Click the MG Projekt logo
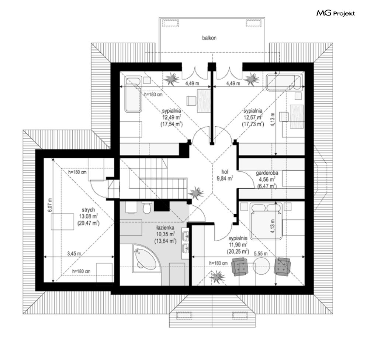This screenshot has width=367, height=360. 336,13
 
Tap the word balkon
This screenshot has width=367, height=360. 209,38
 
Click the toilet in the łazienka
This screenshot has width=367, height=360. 147,208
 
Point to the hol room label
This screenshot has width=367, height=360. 225,172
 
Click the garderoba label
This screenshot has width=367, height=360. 267,173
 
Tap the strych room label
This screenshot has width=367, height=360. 88,210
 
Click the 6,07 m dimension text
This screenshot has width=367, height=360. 50,205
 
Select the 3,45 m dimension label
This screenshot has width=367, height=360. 74,253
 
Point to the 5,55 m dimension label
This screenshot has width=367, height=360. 260,253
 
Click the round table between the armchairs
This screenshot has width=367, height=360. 262,265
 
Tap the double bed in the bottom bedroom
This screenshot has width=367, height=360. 266,221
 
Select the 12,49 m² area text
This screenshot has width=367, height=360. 172,117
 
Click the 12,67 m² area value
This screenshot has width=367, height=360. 253,117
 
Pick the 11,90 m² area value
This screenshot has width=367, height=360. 238,245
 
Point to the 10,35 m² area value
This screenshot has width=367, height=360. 165,234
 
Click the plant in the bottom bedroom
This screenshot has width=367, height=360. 217,277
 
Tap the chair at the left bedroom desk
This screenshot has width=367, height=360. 191,101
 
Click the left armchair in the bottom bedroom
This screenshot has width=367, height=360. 239,266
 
